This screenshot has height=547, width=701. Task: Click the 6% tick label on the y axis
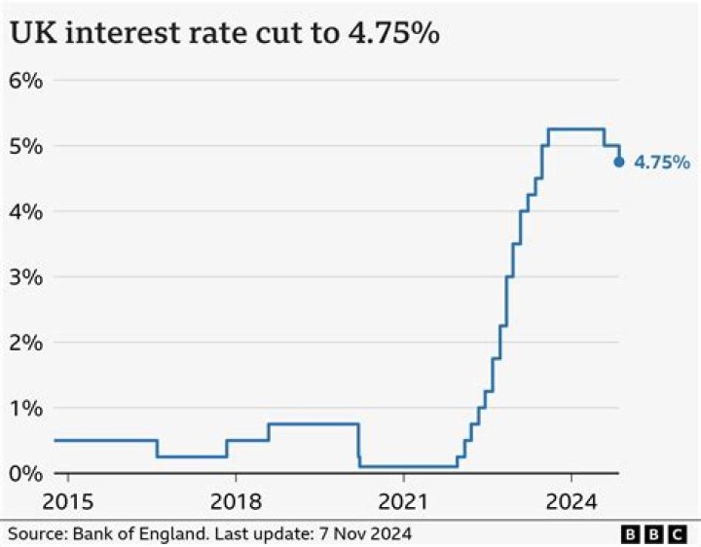26,80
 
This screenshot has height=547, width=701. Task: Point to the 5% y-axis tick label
26,146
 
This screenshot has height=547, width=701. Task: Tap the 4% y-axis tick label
26,211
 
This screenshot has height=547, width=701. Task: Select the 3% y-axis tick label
26,276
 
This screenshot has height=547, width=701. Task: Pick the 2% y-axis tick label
26,343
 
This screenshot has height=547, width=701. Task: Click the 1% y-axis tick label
26,408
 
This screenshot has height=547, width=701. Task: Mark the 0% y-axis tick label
26,473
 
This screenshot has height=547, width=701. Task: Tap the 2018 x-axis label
236,502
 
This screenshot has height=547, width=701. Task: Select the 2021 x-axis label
403,502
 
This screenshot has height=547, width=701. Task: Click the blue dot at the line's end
619,162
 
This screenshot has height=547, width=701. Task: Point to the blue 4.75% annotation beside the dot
662,163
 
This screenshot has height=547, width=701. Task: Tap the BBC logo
655,533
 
